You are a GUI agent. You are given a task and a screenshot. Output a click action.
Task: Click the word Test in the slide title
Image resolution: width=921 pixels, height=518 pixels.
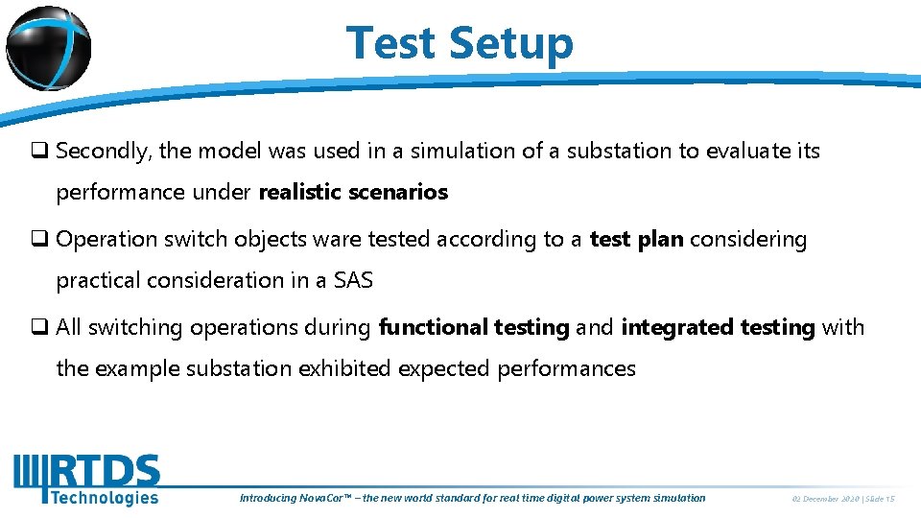390,43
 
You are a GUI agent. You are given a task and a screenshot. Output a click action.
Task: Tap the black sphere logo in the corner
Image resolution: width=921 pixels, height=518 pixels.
48,47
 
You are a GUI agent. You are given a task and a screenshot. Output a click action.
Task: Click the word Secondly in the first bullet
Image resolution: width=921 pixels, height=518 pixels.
103,152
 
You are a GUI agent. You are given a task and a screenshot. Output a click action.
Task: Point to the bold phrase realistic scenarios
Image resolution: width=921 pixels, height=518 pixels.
353,193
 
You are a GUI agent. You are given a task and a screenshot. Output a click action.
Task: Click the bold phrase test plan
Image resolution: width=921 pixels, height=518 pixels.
636,240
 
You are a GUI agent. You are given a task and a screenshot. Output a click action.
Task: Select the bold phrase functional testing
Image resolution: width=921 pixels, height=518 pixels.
474,328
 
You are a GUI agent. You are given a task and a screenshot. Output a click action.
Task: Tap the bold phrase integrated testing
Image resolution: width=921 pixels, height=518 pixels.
718,328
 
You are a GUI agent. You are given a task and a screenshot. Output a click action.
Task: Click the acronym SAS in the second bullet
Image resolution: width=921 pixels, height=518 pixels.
353,281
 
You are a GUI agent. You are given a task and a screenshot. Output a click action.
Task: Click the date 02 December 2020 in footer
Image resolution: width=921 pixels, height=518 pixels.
824,499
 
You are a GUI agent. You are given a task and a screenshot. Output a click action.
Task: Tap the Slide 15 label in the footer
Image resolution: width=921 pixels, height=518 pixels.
879,499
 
